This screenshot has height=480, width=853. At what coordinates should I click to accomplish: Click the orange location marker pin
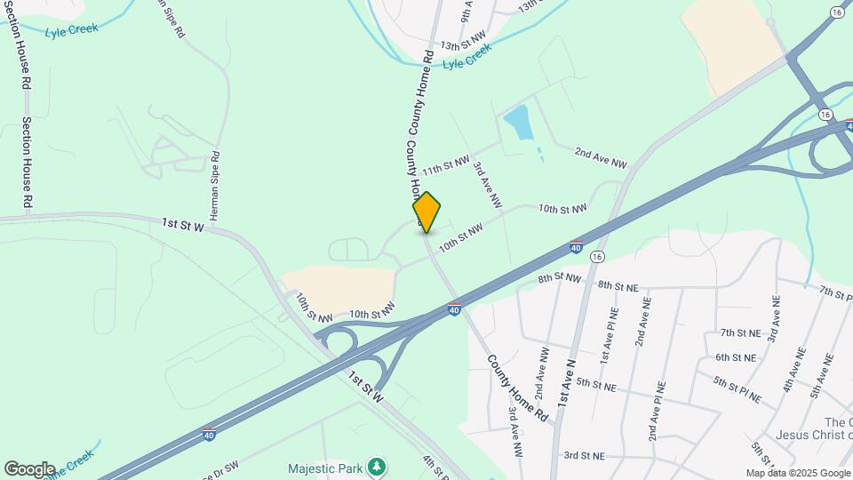coord(426,212)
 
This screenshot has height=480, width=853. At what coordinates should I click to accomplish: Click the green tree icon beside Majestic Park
coord(378,467)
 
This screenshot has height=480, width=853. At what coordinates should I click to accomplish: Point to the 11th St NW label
coord(445,166)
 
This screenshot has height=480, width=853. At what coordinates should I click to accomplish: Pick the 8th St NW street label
coord(560,278)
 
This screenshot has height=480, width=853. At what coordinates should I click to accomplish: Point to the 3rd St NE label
coord(584,455)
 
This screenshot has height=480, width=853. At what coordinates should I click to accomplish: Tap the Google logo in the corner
coord(28,468)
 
